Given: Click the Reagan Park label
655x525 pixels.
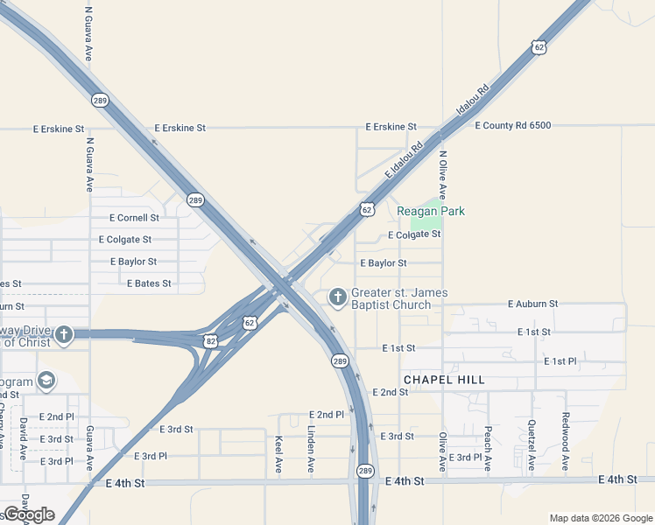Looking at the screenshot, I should [431, 211].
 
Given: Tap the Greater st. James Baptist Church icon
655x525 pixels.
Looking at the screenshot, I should [338, 297].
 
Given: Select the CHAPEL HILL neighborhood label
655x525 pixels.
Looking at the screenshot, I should [443, 380].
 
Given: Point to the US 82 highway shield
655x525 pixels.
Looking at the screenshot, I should [210, 341].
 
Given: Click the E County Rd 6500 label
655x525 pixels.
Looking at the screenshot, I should [513, 126].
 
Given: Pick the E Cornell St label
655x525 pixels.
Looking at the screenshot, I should [134, 218].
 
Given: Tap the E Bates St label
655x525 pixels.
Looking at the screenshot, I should [149, 283].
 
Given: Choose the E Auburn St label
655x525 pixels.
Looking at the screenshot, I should [532, 304].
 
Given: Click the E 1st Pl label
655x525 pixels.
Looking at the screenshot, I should [560, 361].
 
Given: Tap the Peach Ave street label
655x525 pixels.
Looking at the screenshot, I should [488, 449].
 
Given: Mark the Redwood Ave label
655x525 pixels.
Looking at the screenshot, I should [566, 443].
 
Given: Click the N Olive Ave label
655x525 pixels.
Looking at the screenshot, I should [443, 175].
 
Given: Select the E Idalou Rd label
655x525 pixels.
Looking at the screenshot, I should [404, 163].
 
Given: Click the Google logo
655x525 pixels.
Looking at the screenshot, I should [29, 514].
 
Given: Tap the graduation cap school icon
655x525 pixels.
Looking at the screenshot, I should [46, 381].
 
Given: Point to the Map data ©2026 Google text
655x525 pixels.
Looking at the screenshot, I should [600, 518].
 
